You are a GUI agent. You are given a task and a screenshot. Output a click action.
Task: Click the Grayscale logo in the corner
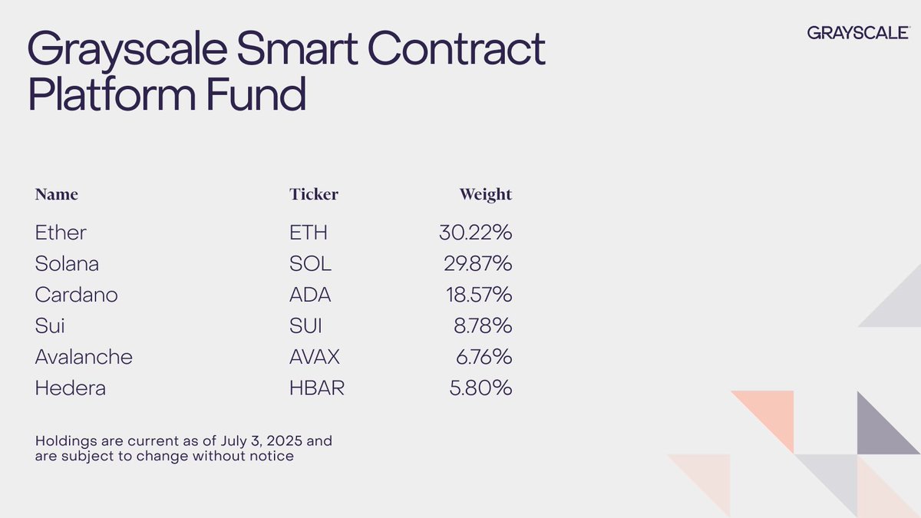(x=859, y=32)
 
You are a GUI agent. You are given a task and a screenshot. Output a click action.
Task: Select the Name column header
(x=56, y=194)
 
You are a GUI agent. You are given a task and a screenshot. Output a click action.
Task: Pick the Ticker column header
(x=313, y=194)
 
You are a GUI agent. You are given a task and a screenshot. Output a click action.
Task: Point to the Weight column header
(x=485, y=194)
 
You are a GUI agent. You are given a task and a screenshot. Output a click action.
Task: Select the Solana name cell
(x=67, y=264)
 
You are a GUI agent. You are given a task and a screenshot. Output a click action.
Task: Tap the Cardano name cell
(x=76, y=295)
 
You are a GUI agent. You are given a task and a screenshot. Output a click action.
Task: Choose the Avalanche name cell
(x=84, y=357)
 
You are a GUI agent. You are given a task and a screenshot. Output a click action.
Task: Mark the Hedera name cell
(x=70, y=388)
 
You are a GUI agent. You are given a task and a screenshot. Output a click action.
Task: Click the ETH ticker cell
(x=309, y=233)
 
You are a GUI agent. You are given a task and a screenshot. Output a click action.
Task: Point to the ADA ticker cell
(x=310, y=295)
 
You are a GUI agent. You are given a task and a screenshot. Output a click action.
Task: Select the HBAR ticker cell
(x=317, y=388)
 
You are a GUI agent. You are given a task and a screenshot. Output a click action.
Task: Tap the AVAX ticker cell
(x=315, y=357)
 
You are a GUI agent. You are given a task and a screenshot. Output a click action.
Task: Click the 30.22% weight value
(x=470, y=233)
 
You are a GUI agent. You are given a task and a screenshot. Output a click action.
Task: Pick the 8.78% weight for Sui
(x=481, y=326)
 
